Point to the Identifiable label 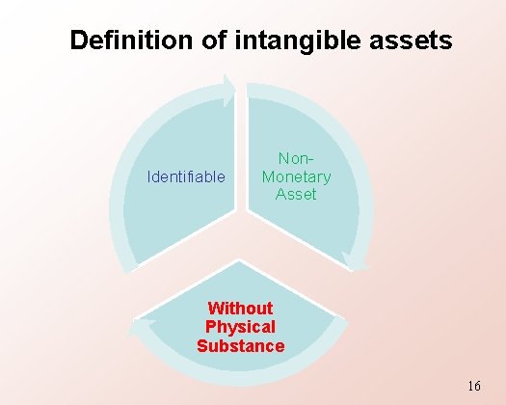pyautogui.click(x=186, y=177)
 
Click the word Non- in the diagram pyautogui.click(x=296, y=159)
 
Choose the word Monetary pyautogui.click(x=296, y=176)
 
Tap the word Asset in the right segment pyautogui.click(x=296, y=194)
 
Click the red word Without pyautogui.click(x=240, y=309)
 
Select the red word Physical pyautogui.click(x=240, y=327)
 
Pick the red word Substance pyautogui.click(x=240, y=345)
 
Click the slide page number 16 pyautogui.click(x=473, y=386)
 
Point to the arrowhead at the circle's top pyautogui.click(x=229, y=90)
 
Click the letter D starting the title pyautogui.click(x=79, y=40)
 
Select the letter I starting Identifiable pyautogui.click(x=148, y=177)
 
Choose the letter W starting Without pyautogui.click(x=215, y=309)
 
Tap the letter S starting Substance pyautogui.click(x=202, y=345)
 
